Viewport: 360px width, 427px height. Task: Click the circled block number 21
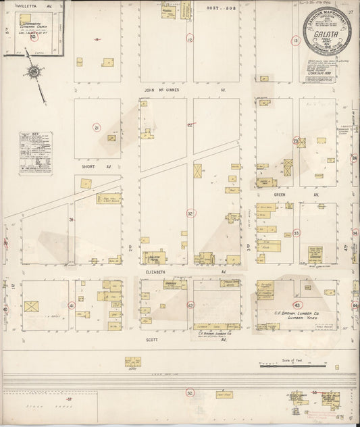(x=97, y=128)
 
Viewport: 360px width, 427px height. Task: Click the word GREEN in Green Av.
(x=278, y=195)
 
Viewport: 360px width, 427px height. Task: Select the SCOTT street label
(x=151, y=340)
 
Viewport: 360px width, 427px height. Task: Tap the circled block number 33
(x=297, y=233)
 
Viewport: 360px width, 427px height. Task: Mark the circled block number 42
(x=190, y=305)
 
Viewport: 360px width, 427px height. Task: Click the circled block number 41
(x=71, y=305)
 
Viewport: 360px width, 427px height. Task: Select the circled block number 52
(x=190, y=392)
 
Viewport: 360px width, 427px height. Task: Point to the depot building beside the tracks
(x=132, y=362)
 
